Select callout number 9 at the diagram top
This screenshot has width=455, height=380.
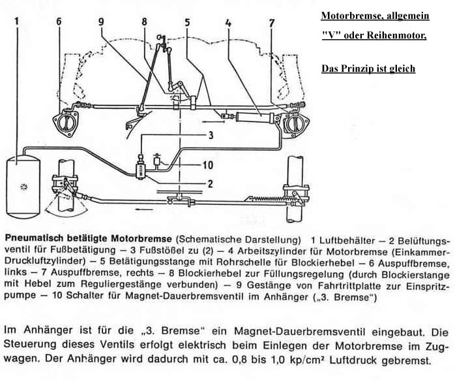click(x=101, y=21)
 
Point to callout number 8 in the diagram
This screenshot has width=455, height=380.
click(x=145, y=22)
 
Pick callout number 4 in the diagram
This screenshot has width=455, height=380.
click(x=227, y=25)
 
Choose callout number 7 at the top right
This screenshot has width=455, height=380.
click(x=272, y=25)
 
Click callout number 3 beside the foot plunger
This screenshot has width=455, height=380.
click(x=211, y=136)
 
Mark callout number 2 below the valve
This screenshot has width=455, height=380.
click(x=210, y=183)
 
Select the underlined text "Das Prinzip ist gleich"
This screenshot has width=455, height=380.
click(x=368, y=69)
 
